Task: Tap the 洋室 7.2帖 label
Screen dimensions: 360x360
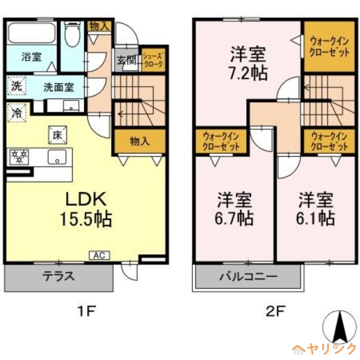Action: [247, 63]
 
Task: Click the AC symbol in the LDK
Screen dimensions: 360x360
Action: [100, 256]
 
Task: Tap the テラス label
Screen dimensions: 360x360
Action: [58, 276]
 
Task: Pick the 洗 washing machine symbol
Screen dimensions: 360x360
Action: [16, 86]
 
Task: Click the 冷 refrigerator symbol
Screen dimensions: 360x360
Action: [17, 112]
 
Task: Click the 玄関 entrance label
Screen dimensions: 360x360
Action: [126, 60]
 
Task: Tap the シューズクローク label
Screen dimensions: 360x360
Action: [153, 60]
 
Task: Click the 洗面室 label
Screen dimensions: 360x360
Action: [58, 87]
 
